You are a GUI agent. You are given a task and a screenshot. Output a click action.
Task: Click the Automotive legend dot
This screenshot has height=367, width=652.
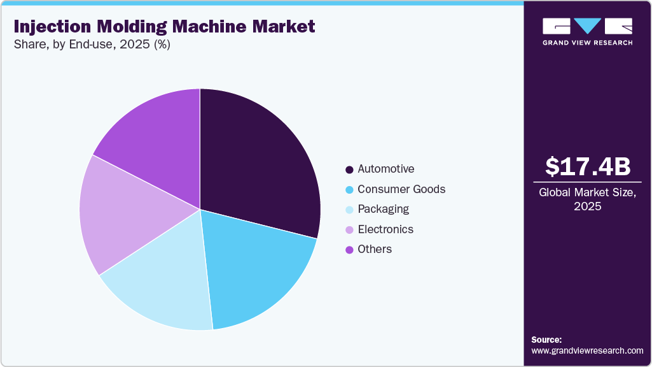click(349, 169)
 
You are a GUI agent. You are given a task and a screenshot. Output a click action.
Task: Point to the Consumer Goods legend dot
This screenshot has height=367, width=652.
click(349, 190)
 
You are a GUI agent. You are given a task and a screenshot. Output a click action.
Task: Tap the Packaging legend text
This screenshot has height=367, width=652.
click(383, 209)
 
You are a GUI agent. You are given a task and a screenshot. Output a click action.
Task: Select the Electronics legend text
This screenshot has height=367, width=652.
click(385, 229)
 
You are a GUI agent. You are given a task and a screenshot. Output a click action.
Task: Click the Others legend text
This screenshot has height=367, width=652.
click(375, 249)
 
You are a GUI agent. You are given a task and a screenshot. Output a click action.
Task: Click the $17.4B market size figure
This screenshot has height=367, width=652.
click(588, 166)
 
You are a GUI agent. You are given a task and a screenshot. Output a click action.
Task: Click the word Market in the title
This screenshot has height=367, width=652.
click(282, 27)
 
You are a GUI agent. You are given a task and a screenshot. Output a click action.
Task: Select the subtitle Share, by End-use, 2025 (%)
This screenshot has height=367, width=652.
click(92, 45)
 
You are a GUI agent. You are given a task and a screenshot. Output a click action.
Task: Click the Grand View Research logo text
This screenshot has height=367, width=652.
click(588, 43)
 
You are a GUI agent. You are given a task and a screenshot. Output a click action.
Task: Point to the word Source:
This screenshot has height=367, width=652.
click(546, 340)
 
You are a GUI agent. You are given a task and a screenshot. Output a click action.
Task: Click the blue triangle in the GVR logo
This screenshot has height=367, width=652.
click(588, 25)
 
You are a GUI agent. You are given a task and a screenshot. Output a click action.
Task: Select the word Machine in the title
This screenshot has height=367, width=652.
click(208, 27)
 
